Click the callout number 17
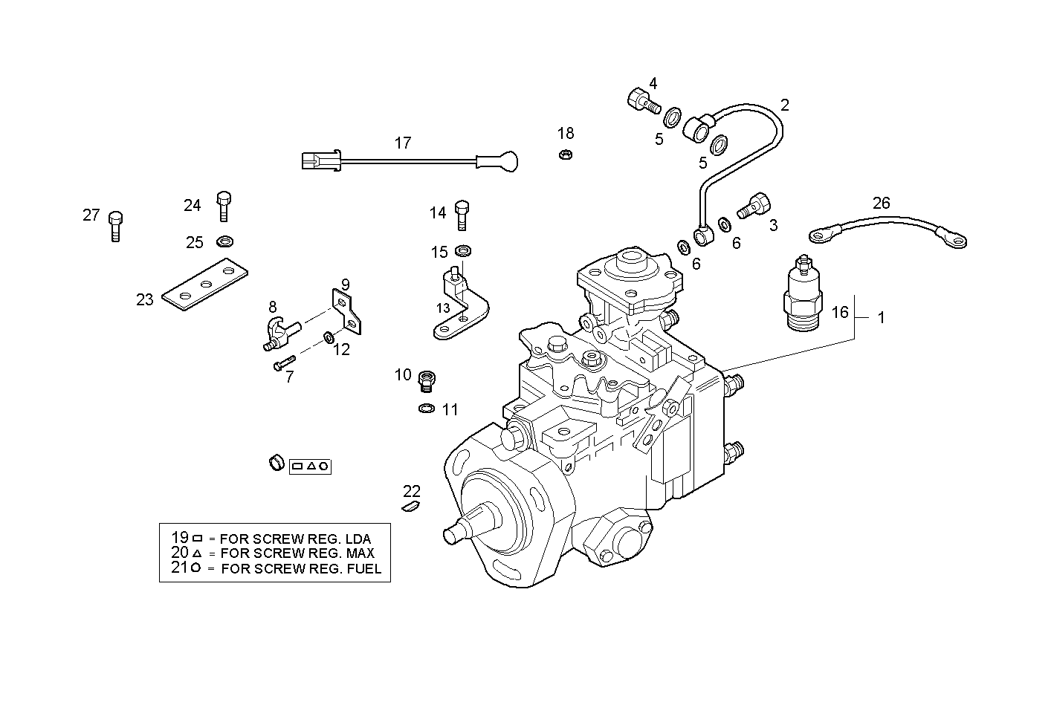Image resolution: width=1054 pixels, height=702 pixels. [x=402, y=143]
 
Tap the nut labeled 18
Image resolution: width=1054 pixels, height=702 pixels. [x=564, y=155]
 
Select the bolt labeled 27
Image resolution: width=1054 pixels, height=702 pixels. [x=115, y=226]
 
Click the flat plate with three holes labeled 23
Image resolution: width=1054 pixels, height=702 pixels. [x=204, y=284]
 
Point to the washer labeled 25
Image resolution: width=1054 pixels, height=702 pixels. [x=224, y=241]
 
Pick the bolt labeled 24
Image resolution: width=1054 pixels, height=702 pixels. [x=224, y=206]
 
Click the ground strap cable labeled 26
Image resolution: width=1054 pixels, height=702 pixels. [x=888, y=227]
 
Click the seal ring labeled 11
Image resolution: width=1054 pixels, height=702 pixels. [x=427, y=409]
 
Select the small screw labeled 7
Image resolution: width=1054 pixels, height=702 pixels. [x=282, y=365]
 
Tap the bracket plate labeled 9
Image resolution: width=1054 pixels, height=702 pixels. [x=346, y=311]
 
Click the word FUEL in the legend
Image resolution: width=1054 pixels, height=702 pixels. [x=365, y=569]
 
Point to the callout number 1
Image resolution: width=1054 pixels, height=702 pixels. [x=881, y=318]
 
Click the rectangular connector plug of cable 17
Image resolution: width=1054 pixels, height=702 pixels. [x=320, y=160]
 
